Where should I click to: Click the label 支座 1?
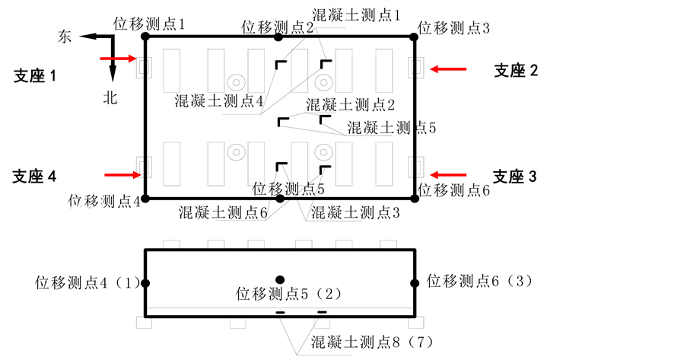[x=36, y=75]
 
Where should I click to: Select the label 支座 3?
[x=515, y=177]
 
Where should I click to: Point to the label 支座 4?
[x=35, y=177]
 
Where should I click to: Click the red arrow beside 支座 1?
[x=117, y=58]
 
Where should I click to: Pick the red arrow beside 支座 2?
[x=448, y=69]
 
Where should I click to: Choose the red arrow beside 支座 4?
[x=123, y=175]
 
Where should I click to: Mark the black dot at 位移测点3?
[x=415, y=36]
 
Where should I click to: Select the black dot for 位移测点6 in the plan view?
[x=415, y=198]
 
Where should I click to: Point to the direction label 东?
[x=66, y=37]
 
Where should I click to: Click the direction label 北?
[x=111, y=97]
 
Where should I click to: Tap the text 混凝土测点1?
[x=357, y=14]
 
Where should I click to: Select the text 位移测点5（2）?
[x=290, y=293]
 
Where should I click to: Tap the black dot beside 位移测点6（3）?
[x=415, y=283]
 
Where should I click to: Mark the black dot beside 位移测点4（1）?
[x=145, y=283]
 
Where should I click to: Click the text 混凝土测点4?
[x=219, y=100]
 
